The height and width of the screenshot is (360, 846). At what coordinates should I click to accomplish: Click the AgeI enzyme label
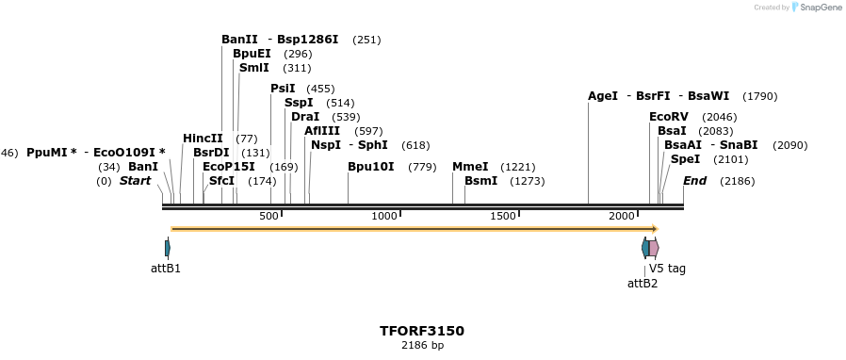(603, 96)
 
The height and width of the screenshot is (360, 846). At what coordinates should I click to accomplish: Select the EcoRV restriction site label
(669, 117)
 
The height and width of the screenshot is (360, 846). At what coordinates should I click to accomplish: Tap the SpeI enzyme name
(685, 159)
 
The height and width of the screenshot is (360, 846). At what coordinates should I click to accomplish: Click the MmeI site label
(470, 167)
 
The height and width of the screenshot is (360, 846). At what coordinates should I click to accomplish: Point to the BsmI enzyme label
(480, 181)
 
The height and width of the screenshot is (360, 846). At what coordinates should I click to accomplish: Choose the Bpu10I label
(371, 167)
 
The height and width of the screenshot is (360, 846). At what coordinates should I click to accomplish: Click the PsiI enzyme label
(283, 89)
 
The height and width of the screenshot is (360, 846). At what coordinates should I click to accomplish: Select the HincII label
(203, 139)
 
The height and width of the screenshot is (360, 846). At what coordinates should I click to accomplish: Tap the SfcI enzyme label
(221, 181)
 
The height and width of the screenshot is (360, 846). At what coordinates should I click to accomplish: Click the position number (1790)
(759, 96)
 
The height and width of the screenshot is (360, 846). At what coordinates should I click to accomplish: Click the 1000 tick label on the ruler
(384, 217)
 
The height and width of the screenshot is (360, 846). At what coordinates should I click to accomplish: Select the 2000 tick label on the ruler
(622, 217)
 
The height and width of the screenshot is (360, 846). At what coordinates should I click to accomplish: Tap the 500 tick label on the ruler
(269, 217)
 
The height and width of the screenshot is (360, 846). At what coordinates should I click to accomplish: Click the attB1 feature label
(166, 269)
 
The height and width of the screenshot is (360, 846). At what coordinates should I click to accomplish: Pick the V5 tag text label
(667, 269)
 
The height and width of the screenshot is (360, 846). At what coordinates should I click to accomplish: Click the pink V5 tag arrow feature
(654, 248)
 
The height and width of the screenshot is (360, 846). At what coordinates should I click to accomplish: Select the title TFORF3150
(422, 331)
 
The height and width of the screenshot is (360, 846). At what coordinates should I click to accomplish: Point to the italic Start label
(135, 181)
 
